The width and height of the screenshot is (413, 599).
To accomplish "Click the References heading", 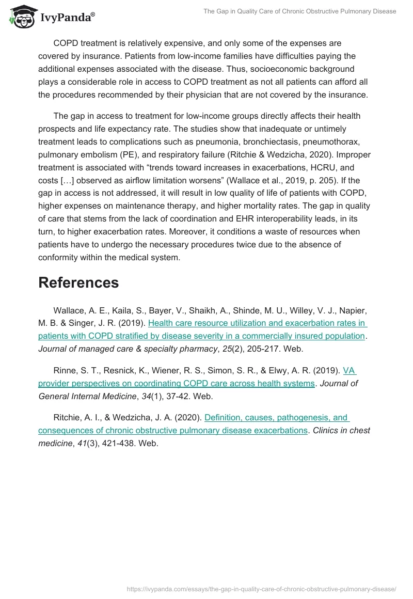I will (x=78, y=282).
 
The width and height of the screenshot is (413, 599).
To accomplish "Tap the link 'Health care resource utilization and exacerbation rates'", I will (x=257, y=323).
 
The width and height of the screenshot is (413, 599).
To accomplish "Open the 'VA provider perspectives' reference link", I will (x=176, y=383).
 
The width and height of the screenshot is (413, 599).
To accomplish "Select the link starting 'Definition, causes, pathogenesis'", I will (x=277, y=417).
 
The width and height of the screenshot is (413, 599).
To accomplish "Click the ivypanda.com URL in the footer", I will (x=261, y=589).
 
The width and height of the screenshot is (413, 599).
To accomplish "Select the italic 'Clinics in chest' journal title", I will (x=342, y=430).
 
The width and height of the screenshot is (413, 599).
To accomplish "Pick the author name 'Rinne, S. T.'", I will (x=74, y=370).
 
